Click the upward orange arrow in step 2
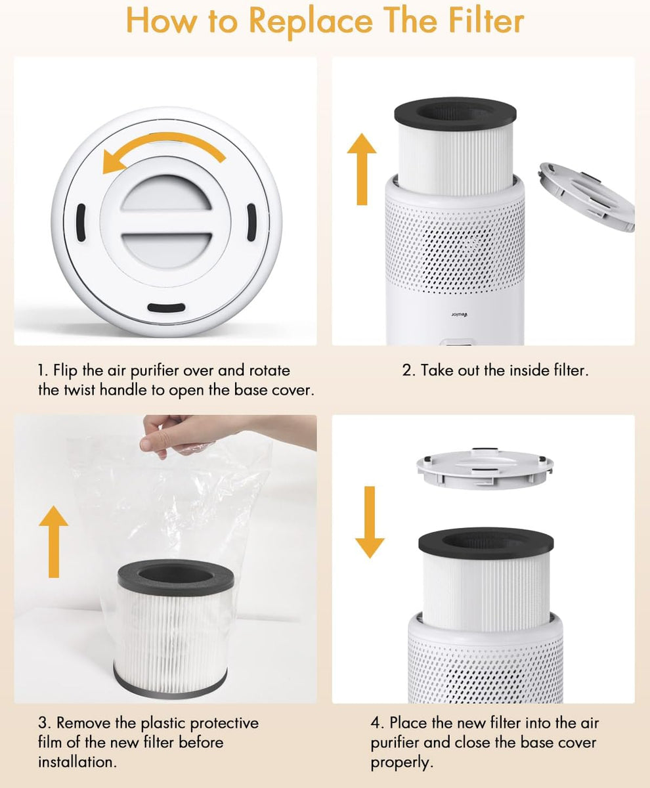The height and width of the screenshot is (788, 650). click(361, 168)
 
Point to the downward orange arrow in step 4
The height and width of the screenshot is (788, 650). click(370, 522)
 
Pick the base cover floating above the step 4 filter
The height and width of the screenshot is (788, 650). click(485, 468)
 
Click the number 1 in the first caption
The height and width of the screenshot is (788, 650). click(41, 371)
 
